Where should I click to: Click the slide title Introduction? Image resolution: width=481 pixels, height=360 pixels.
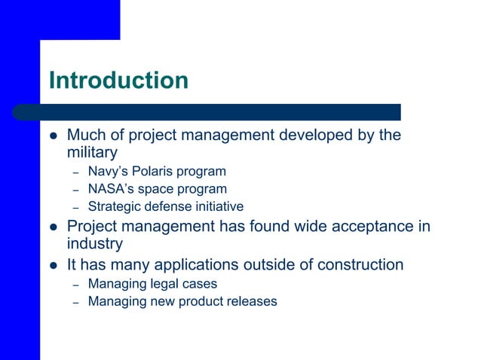click(118, 80)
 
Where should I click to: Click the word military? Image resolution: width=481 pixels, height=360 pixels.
click(92, 153)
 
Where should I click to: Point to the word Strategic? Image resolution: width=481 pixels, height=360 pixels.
click(114, 206)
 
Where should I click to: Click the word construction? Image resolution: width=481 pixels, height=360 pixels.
click(357, 264)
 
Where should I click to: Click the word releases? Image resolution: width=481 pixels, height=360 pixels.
click(251, 301)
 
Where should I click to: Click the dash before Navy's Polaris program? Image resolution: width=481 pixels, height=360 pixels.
click(75, 172)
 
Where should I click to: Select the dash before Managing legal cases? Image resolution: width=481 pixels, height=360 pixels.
click(75, 285)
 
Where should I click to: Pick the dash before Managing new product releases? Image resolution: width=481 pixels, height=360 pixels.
click(75, 302)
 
